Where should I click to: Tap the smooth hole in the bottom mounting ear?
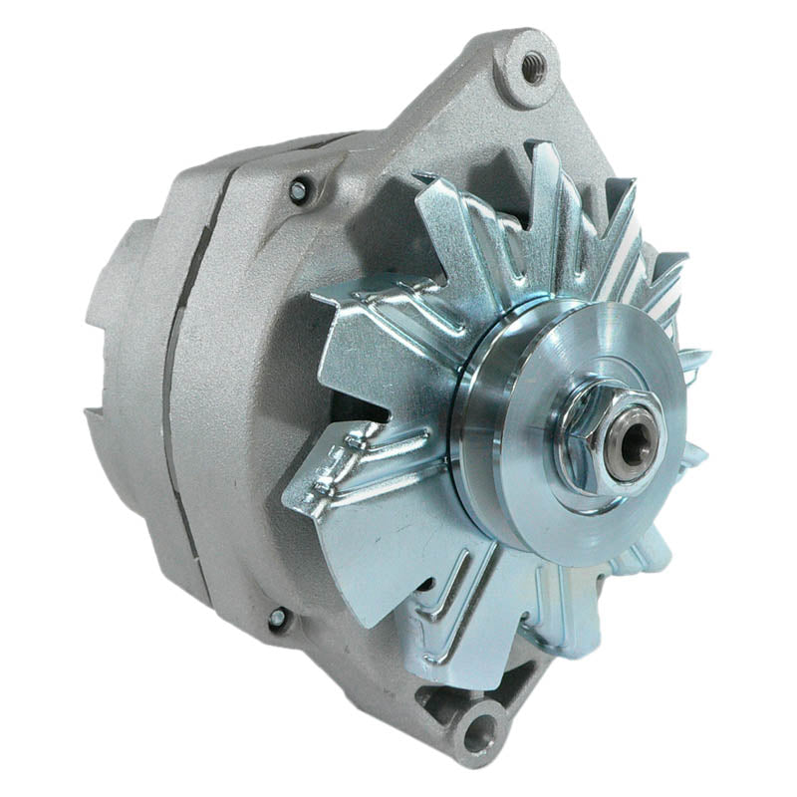pyautogui.click(x=479, y=734)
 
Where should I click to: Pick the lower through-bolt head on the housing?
pyautogui.click(x=278, y=619)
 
